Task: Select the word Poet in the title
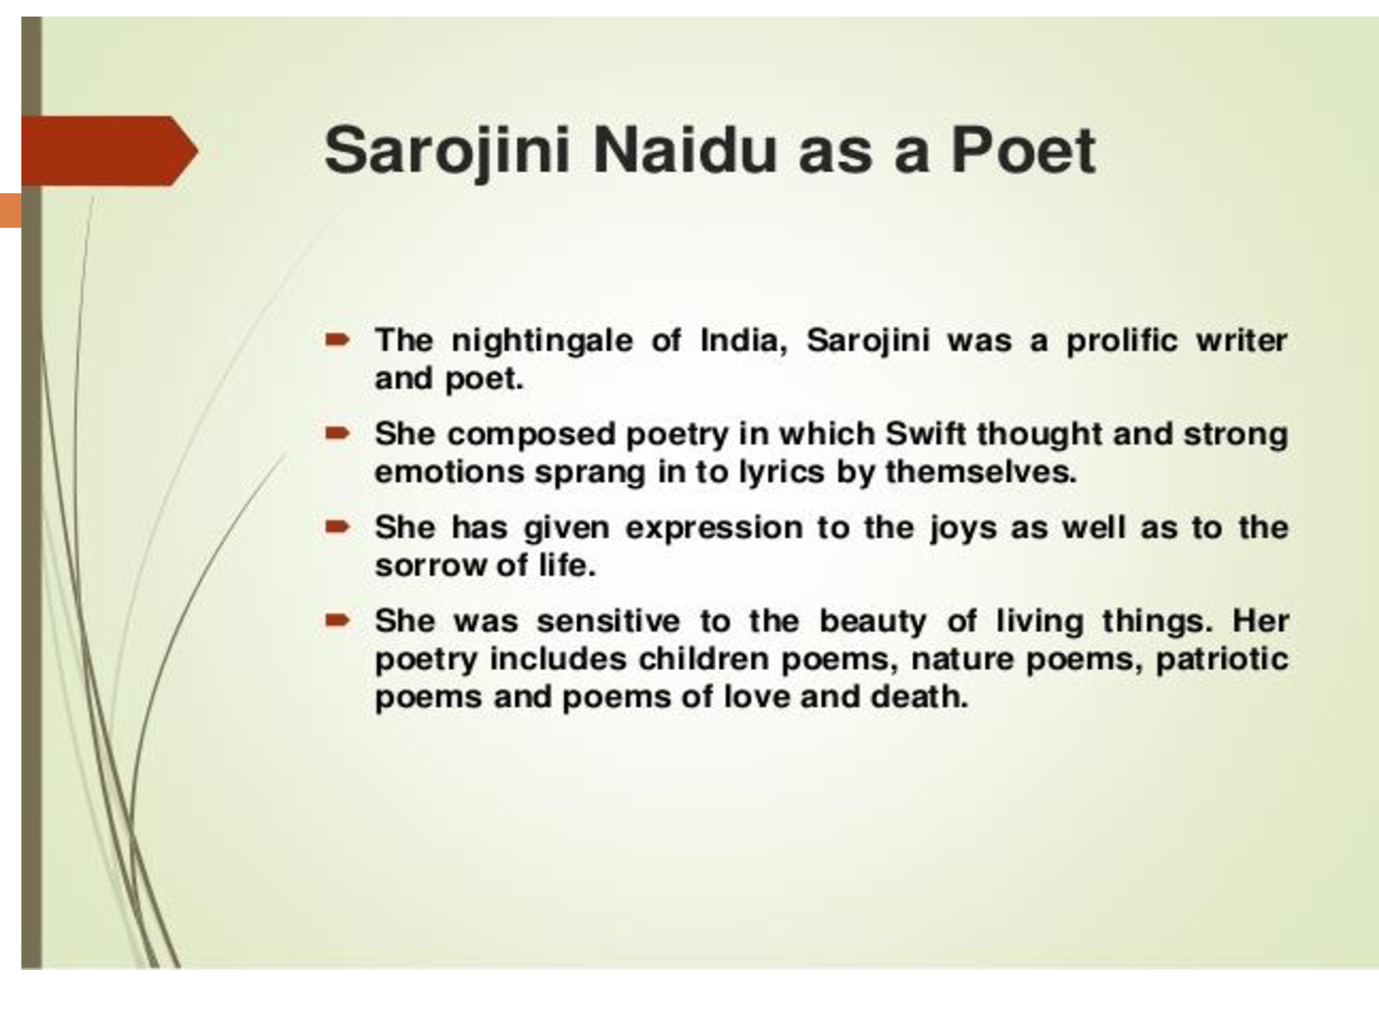pyautogui.click(x=1023, y=150)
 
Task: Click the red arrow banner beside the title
pyautogui.click(x=110, y=151)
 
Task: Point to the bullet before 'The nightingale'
pyautogui.click(x=338, y=339)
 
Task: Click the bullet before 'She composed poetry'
pyautogui.click(x=338, y=434)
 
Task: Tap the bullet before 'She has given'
pyautogui.click(x=338, y=527)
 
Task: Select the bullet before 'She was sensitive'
pyautogui.click(x=338, y=621)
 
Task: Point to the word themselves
pyautogui.click(x=980, y=472)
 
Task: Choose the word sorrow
pyautogui.click(x=431, y=566)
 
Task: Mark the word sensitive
pyautogui.click(x=608, y=621)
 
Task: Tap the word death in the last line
pyautogui.click(x=919, y=697)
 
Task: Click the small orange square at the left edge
pyautogui.click(x=11, y=210)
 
